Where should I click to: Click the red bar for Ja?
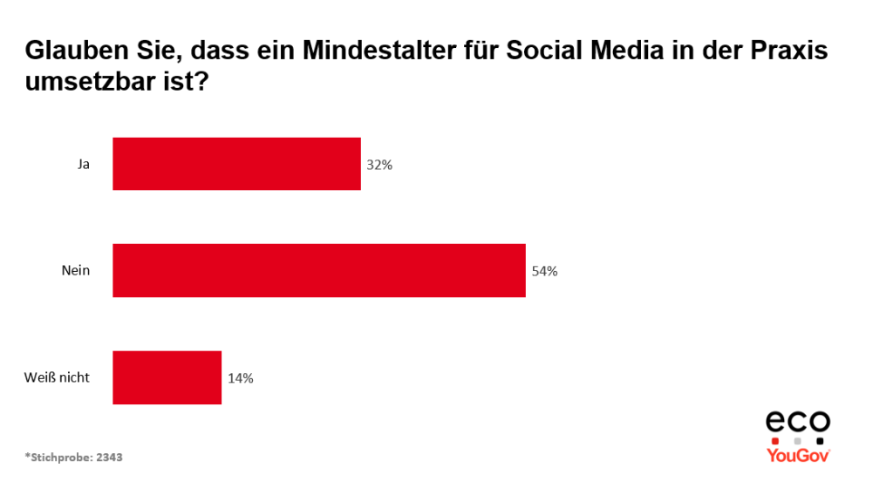pos(236,164)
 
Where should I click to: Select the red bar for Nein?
pos(319,271)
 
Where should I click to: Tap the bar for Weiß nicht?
pos(167,377)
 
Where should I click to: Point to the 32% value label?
pos(379,164)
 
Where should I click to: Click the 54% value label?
pos(544,271)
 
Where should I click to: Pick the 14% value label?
pos(241,378)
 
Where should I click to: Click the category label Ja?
pos(84,164)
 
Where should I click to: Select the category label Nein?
pos(76,271)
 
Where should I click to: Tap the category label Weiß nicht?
pos(57,378)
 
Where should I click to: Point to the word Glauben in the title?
pos(68,51)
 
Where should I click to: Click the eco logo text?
pos(798,423)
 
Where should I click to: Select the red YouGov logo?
pos(798,455)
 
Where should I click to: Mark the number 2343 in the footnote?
pos(109,457)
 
